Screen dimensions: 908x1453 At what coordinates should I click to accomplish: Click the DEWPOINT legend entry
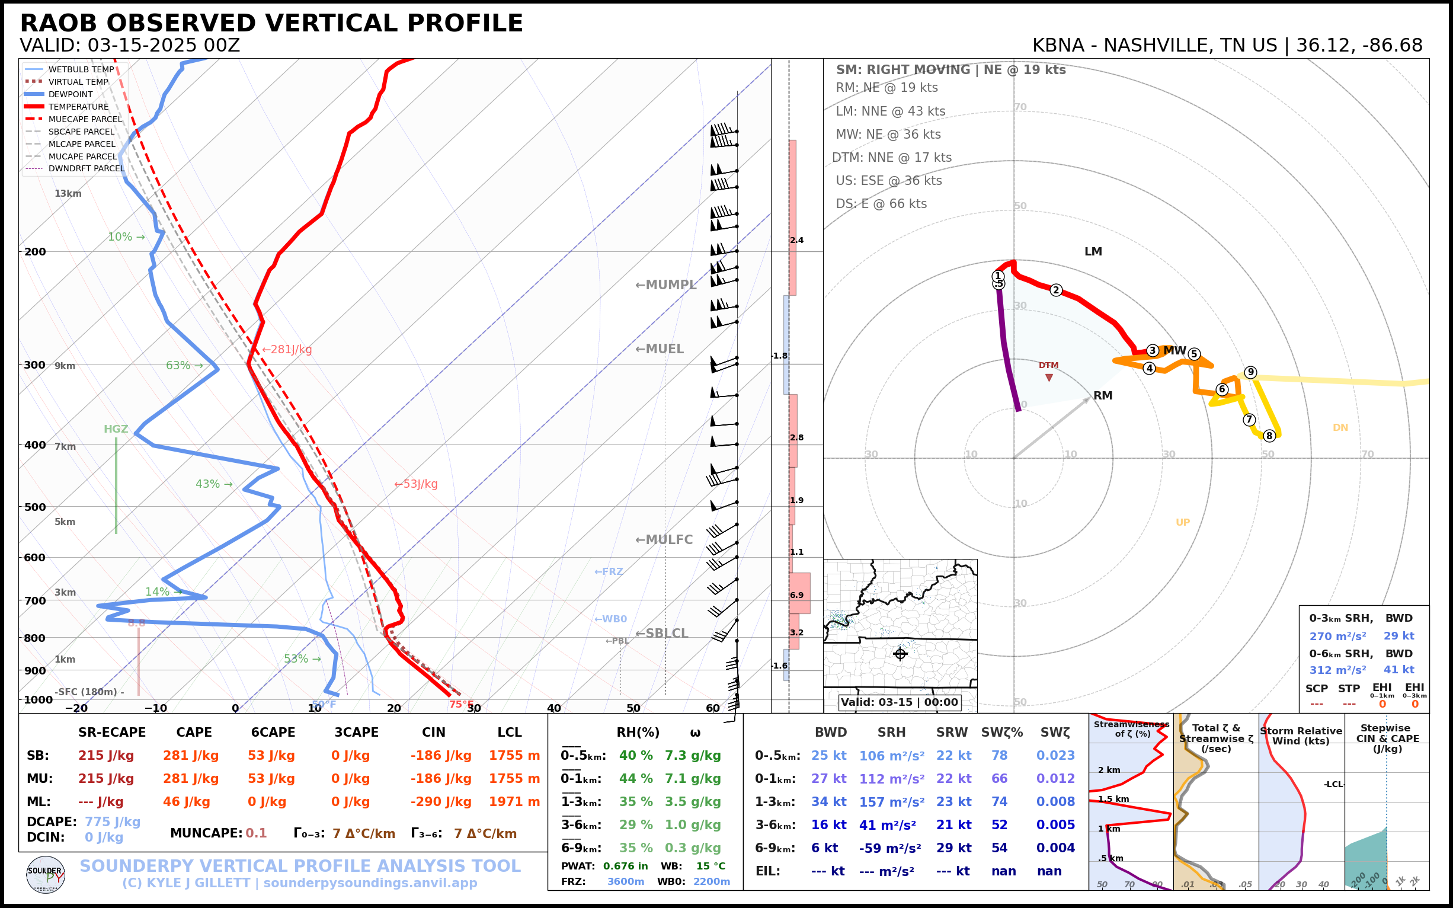(x=71, y=94)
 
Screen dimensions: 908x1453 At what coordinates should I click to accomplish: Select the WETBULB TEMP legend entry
(x=81, y=70)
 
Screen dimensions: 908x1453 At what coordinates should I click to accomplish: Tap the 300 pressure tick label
(x=35, y=365)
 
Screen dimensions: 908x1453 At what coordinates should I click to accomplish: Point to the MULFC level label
(x=664, y=540)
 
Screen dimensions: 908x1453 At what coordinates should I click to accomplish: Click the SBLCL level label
(x=662, y=634)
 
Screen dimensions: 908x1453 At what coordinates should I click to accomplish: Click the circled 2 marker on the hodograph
(x=1056, y=290)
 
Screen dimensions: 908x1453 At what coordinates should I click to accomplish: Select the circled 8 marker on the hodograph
(x=1269, y=436)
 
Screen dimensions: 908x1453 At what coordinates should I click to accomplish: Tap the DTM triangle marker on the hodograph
(x=1049, y=378)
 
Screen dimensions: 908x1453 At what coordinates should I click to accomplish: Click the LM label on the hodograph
(x=1093, y=252)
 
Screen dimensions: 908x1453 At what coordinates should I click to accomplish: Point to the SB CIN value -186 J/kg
(x=441, y=756)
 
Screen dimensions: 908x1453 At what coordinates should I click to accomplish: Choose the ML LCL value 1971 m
(x=514, y=802)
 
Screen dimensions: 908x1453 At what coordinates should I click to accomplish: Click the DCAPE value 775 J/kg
(x=112, y=821)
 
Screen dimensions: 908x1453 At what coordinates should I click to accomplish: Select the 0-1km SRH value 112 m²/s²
(x=892, y=779)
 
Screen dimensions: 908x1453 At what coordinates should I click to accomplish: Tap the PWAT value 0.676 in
(x=625, y=866)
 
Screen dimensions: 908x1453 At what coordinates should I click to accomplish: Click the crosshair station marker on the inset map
(x=900, y=654)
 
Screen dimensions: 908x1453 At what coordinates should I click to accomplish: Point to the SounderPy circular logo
(x=46, y=875)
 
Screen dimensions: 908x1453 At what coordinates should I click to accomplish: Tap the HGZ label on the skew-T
(x=116, y=429)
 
